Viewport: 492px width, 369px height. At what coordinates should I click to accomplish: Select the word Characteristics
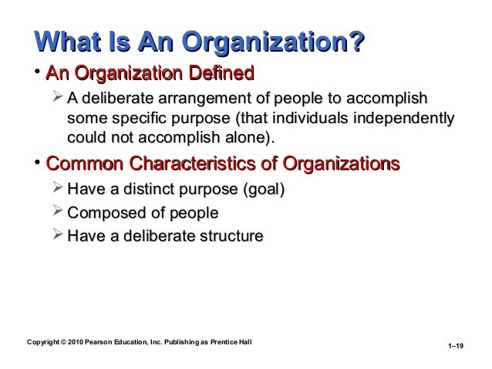[x=202, y=164]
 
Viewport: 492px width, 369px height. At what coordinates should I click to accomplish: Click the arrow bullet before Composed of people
[x=58, y=212]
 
